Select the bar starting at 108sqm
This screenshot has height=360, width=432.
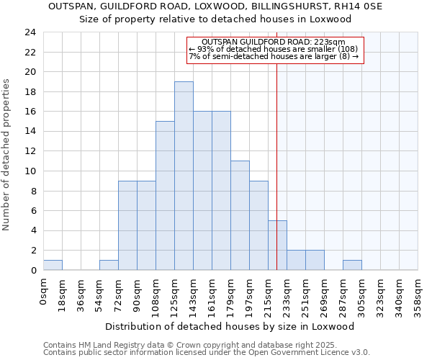pyautogui.click(x=165, y=195)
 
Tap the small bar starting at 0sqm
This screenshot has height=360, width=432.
pyautogui.click(x=53, y=265)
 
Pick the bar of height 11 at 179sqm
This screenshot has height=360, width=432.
pyautogui.click(x=240, y=215)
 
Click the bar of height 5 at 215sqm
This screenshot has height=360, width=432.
pyautogui.click(x=277, y=245)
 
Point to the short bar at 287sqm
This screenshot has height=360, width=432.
pyautogui.click(x=352, y=265)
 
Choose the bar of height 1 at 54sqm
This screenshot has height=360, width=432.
pyautogui.click(x=109, y=265)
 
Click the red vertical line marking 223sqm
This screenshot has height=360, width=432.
pyautogui.click(x=277, y=144)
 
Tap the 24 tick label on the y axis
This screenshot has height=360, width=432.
pyautogui.click(x=30, y=32)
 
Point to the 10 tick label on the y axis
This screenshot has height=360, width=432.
pyautogui.click(x=30, y=171)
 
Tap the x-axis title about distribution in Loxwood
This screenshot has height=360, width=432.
pyautogui.click(x=235, y=326)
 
